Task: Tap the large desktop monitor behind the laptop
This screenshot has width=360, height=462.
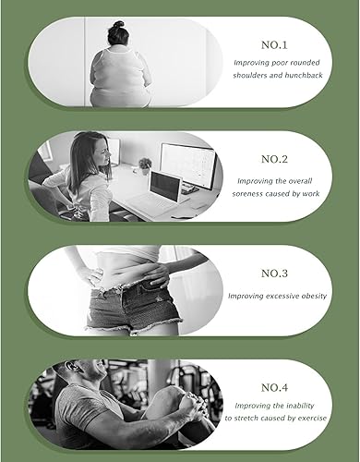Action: point(187,164)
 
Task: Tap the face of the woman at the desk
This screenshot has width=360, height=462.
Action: point(78,153)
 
